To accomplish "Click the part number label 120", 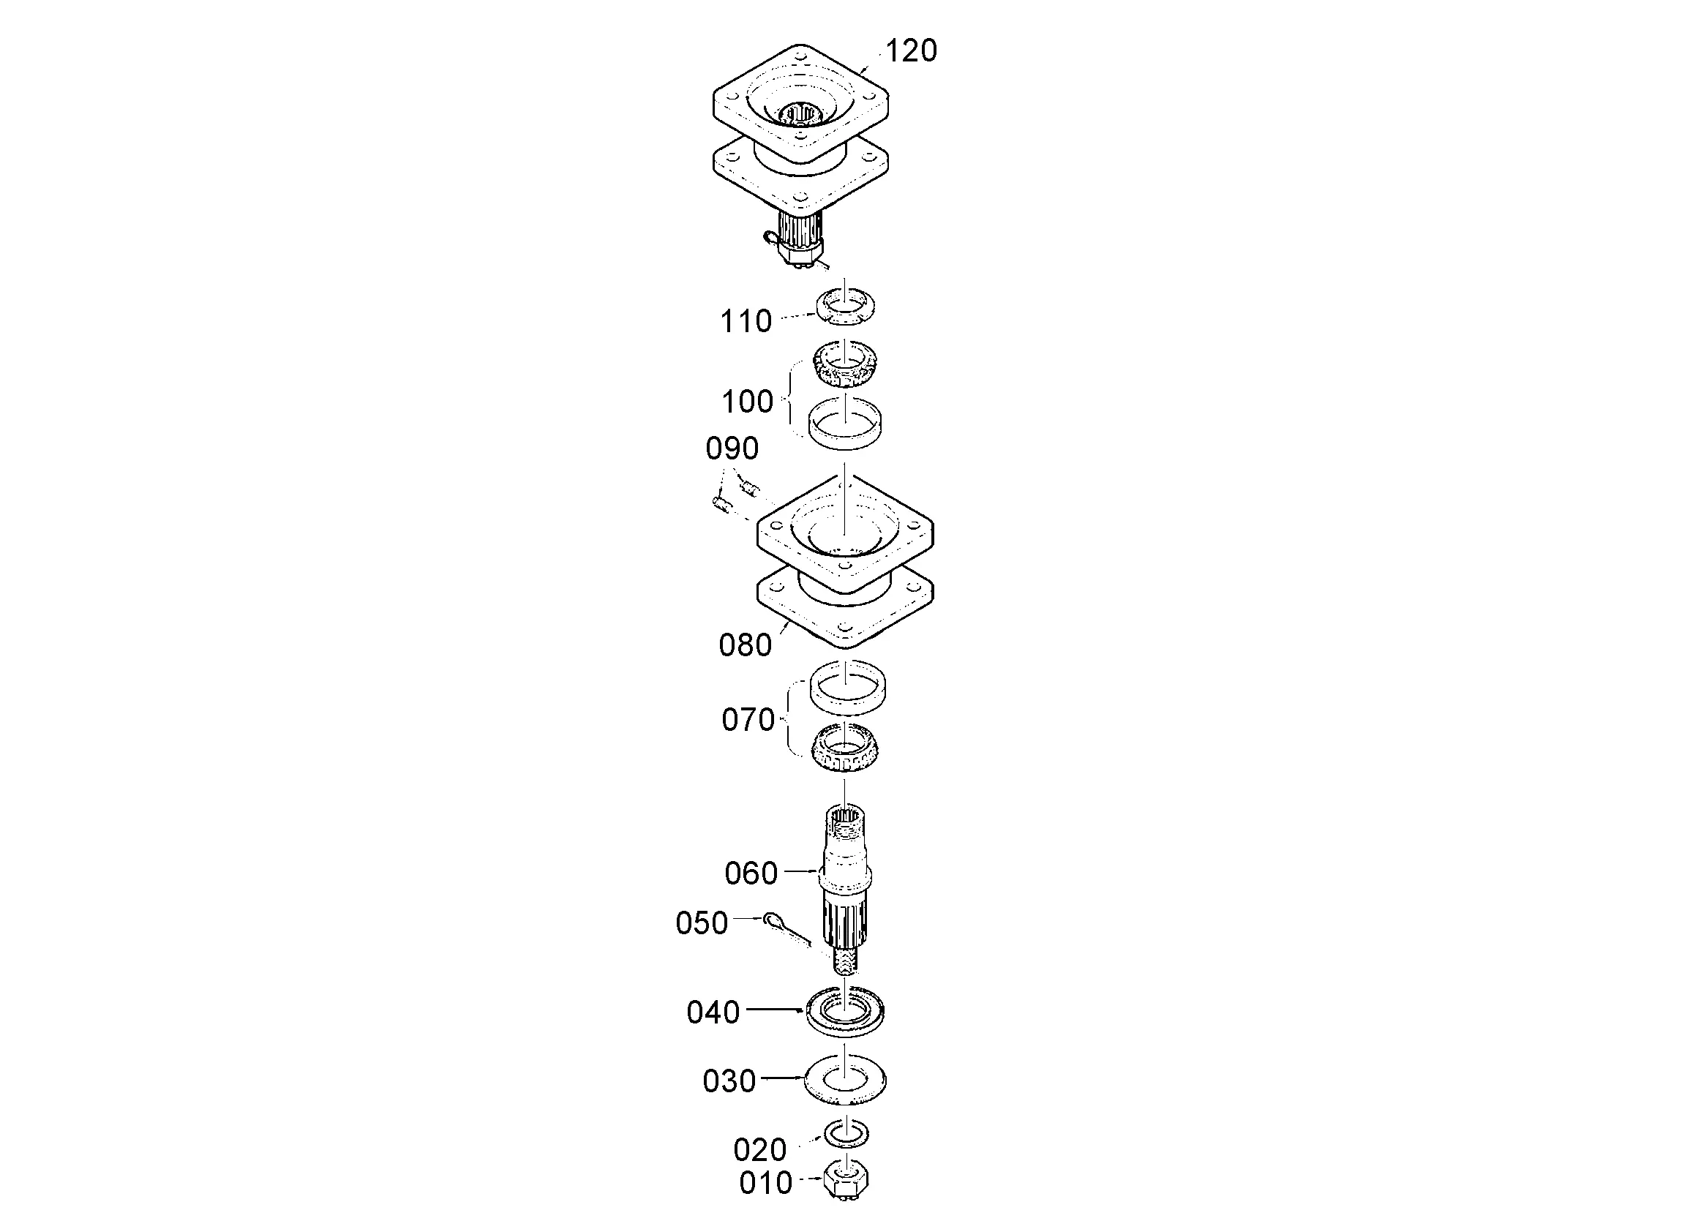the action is tap(912, 50).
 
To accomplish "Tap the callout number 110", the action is tap(746, 321).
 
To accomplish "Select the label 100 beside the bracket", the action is tap(748, 402).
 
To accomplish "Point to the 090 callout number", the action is tap(732, 448).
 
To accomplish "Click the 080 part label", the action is tap(746, 645).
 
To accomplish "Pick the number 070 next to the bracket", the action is tap(748, 720).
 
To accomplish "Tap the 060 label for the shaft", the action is tap(751, 873).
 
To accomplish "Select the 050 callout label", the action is tap(702, 923).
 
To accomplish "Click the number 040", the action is tap(713, 1012).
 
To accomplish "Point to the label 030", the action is tap(729, 1081).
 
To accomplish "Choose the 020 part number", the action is tap(760, 1150).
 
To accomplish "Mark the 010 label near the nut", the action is tap(766, 1183).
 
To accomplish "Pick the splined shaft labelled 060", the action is tap(845, 890).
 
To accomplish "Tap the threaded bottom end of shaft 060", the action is tap(845, 961).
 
